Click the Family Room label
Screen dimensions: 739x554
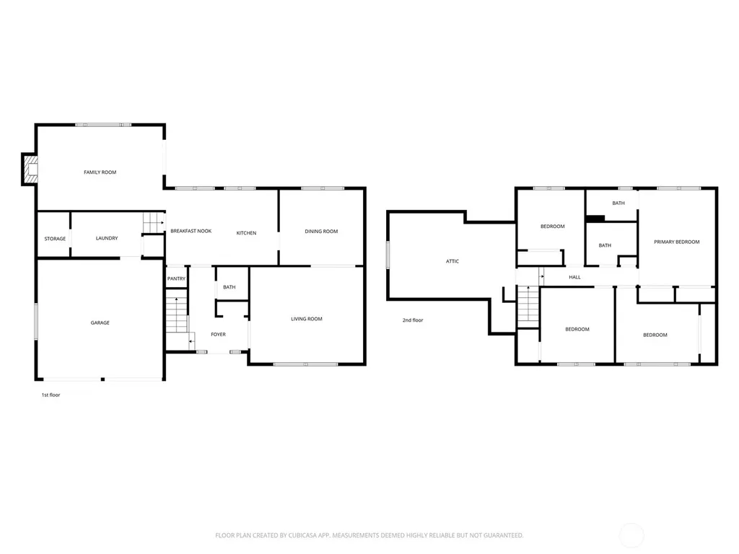coord(100,172)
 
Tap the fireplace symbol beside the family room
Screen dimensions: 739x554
coord(30,169)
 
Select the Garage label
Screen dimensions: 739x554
coord(100,323)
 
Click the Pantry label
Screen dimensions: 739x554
coord(176,279)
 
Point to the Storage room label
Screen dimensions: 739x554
coord(55,239)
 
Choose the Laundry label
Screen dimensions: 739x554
coord(107,238)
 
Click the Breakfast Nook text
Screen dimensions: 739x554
coord(191,232)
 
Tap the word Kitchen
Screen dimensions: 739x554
coord(247,233)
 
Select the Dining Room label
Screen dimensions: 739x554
coord(321,232)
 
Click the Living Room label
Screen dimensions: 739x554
coord(307,319)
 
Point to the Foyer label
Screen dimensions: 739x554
coord(218,335)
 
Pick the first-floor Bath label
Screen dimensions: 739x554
coord(229,287)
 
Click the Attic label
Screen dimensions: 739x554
coord(452,261)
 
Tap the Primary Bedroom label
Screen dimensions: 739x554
coord(677,242)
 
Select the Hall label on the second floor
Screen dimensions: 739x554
coord(574,278)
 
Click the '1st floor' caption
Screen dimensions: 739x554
coord(51,395)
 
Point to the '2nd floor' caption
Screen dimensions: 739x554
coord(413,320)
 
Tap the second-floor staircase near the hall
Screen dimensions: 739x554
coord(528,306)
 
